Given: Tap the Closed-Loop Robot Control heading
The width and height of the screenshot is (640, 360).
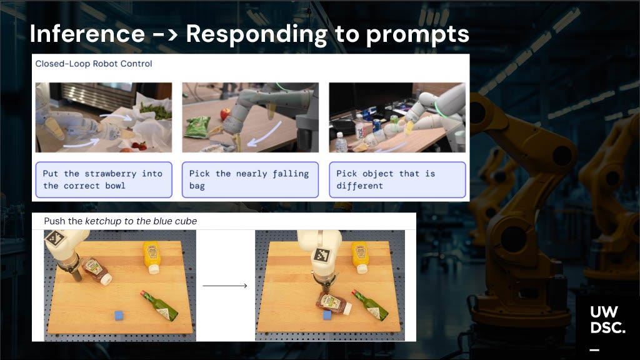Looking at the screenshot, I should point(94,64).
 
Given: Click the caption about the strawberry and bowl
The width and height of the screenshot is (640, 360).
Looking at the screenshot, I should point(103,179).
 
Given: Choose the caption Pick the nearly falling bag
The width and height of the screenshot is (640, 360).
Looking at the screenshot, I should point(250,179).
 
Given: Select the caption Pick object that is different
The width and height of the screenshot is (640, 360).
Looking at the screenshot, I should point(397,179).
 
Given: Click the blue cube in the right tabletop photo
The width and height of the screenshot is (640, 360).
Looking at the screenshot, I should point(327,316).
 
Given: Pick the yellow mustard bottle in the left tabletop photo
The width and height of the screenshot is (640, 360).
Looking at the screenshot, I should point(152,257).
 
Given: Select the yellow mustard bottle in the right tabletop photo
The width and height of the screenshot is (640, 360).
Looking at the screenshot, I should point(360,257).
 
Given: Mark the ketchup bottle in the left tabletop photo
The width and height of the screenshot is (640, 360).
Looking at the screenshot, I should point(96,271).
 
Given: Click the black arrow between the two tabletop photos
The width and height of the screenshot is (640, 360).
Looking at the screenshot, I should point(225,286).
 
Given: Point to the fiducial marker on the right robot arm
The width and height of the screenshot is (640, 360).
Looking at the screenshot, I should point(322,256).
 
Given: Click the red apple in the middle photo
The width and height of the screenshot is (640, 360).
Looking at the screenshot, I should point(226,113).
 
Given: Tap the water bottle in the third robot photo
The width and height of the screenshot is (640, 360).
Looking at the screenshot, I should point(341,142).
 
